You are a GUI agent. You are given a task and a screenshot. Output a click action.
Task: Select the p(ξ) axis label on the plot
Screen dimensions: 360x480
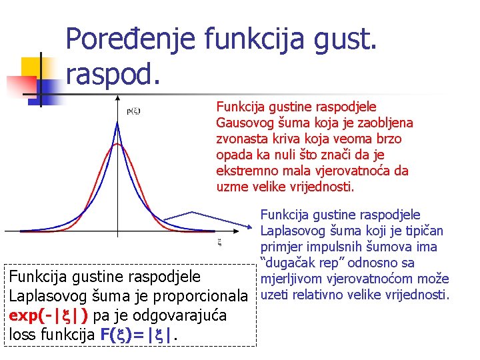133,111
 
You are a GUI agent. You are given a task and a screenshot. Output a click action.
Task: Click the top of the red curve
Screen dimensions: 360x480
118,144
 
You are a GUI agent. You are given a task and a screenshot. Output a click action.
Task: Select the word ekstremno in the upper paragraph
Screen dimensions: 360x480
244,171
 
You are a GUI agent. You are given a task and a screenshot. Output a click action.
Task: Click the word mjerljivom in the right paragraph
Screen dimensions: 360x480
291,279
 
